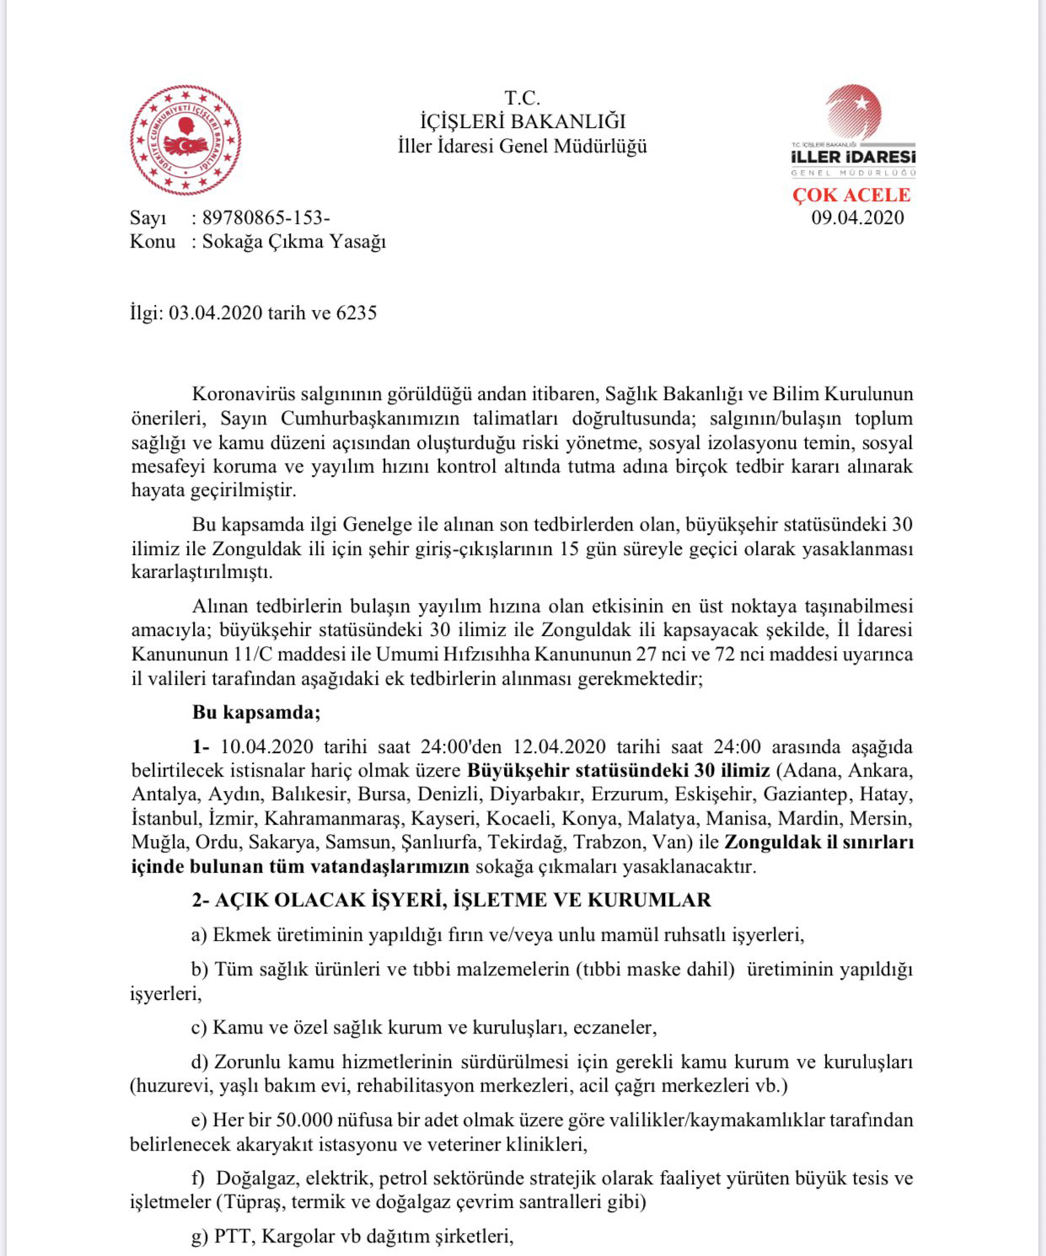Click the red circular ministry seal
[x=185, y=140]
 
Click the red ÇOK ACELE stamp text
[x=851, y=195]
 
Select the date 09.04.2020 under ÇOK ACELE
[x=857, y=218]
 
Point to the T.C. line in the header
[x=523, y=98]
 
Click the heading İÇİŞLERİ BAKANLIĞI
[x=523, y=121]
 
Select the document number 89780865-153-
[x=266, y=218]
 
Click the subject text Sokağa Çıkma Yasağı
[x=293, y=242]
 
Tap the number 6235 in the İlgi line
[x=356, y=313]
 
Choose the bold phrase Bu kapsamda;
[x=256, y=713]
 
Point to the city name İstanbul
[x=164, y=819]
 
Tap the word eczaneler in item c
[x=614, y=1028]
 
